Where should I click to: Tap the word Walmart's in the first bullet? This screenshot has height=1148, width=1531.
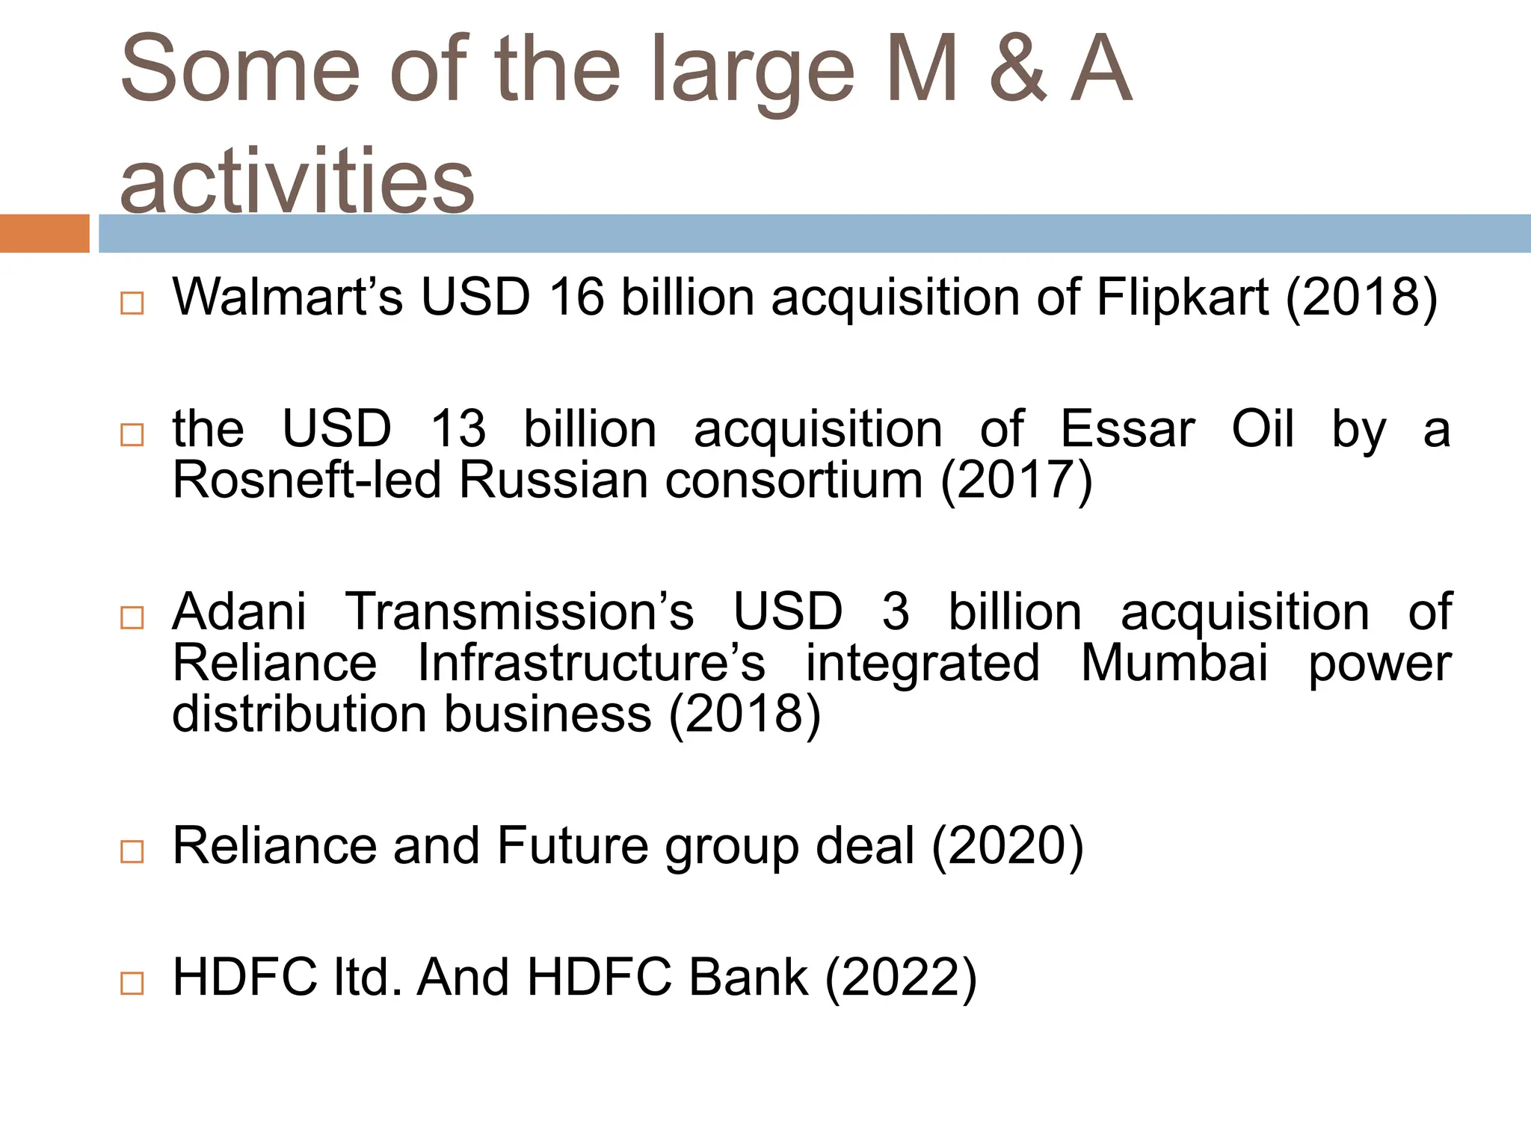pyautogui.click(x=288, y=297)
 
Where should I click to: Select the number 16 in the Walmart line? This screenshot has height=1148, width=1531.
pyautogui.click(x=576, y=297)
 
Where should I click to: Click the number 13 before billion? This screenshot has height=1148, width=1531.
pyautogui.click(x=458, y=430)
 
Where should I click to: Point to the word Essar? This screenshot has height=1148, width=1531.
pyautogui.click(x=1127, y=430)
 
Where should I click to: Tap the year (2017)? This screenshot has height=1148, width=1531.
pyautogui.click(x=1017, y=481)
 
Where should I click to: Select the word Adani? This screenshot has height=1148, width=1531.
pyautogui.click(x=239, y=612)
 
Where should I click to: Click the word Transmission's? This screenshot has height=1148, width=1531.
pyautogui.click(x=519, y=612)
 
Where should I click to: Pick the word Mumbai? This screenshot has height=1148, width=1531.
pyautogui.click(x=1174, y=663)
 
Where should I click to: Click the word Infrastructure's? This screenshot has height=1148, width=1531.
pyautogui.click(x=591, y=663)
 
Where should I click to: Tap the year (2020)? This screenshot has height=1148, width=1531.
pyautogui.click(x=1007, y=848)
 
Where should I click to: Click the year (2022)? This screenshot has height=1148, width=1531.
pyautogui.click(x=901, y=978)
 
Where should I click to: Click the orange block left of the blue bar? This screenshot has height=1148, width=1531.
pyautogui.click(x=45, y=233)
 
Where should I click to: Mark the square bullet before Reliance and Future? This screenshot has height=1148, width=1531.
pyautogui.click(x=132, y=851)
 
